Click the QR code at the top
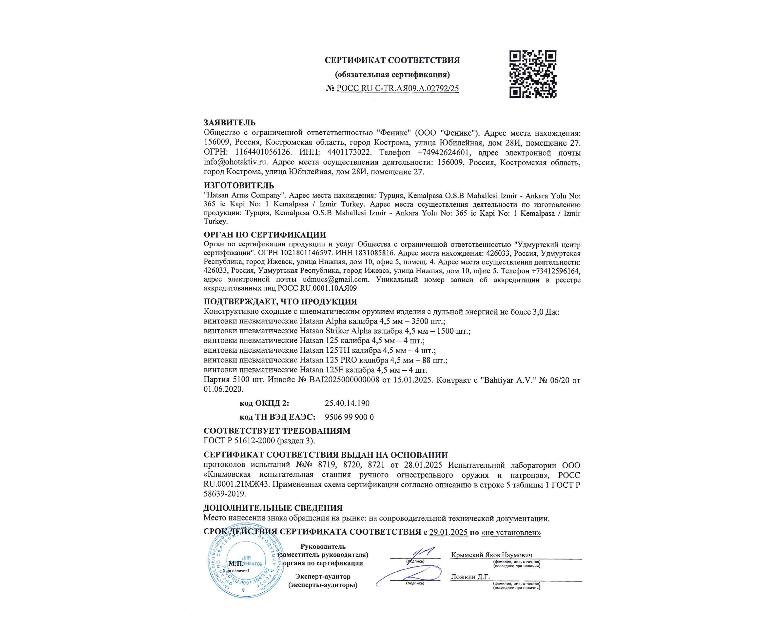pyautogui.click(x=532, y=74)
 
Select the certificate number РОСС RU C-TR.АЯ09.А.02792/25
pyautogui.click(x=397, y=88)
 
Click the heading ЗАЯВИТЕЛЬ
pyautogui.click(x=230, y=123)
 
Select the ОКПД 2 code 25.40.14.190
pyautogui.click(x=347, y=403)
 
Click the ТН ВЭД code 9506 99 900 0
pyautogui.click(x=349, y=417)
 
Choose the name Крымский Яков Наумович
pyautogui.click(x=491, y=555)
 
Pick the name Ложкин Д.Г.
pyautogui.click(x=470, y=577)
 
